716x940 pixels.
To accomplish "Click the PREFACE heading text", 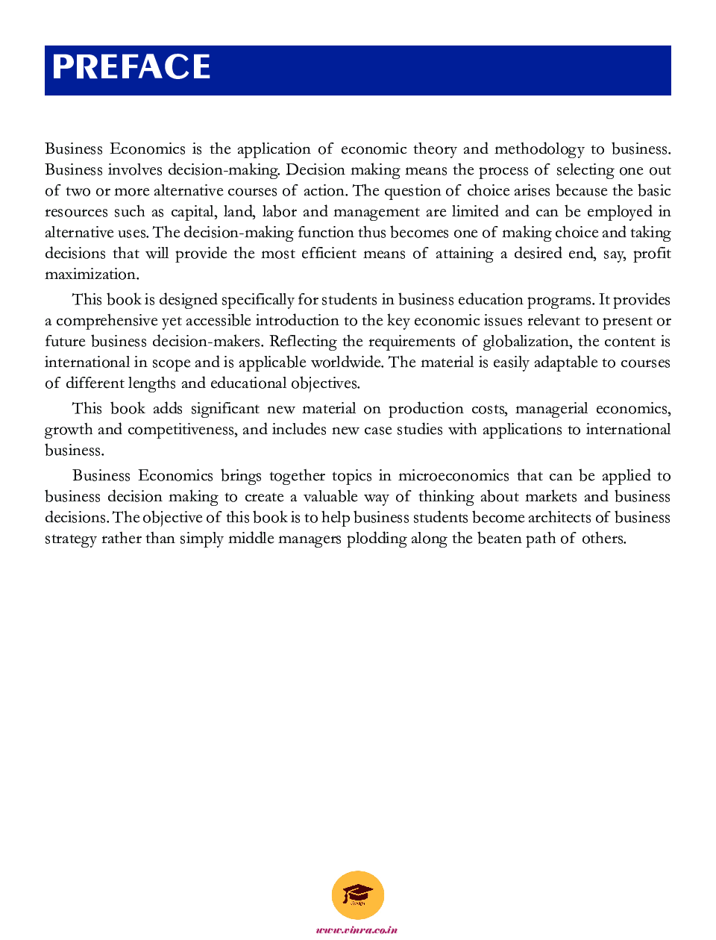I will (x=131, y=67).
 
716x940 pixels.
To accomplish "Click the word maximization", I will (x=92, y=275).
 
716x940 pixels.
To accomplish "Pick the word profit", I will (x=652, y=254).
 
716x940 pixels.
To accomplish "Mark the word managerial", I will (x=552, y=409).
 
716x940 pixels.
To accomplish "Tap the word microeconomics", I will (x=453, y=476).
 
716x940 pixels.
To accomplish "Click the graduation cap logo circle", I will (x=358, y=895).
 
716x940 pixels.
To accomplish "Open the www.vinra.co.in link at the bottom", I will (x=357, y=930).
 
